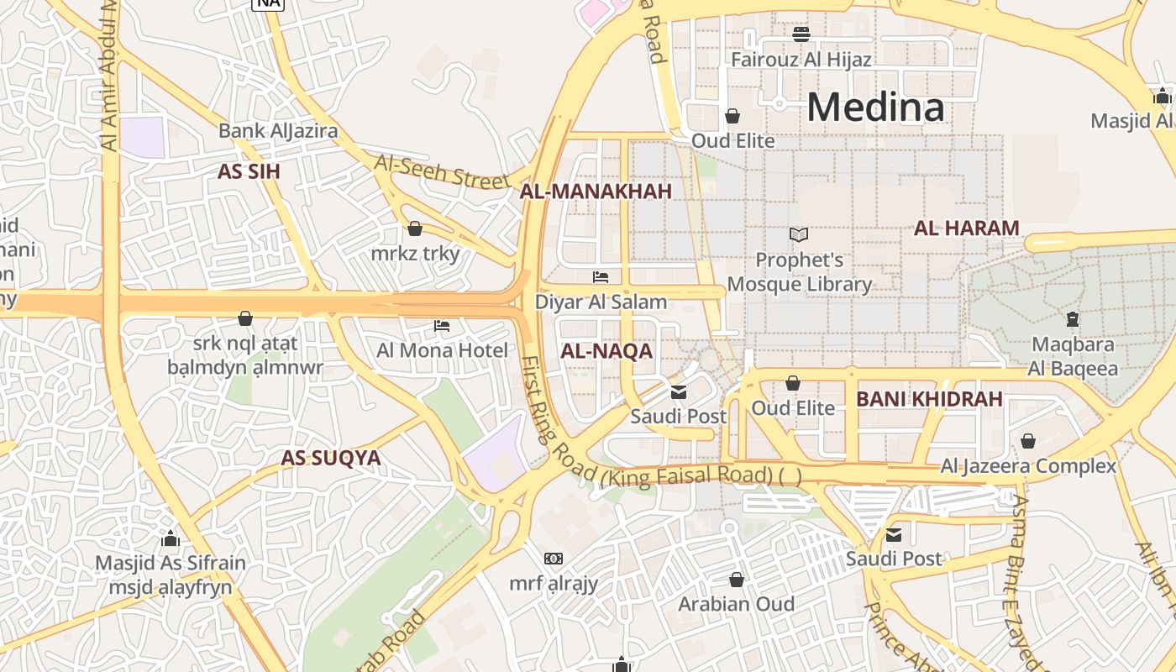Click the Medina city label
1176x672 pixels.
875,108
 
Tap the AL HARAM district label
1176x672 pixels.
966,228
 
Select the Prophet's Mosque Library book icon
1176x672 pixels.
799,235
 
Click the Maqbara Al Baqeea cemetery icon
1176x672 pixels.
1072,319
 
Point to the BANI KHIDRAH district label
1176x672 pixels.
929,399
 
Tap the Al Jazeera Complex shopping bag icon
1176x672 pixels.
1027,441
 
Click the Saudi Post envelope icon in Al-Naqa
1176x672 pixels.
679,391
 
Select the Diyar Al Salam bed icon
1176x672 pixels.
601,276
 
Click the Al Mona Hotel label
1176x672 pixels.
442,350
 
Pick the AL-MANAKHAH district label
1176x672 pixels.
596,192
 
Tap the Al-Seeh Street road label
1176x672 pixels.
442,171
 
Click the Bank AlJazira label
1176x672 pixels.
278,130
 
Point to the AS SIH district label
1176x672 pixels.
249,172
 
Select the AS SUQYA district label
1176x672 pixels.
330,458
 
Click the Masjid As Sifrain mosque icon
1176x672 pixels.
171,538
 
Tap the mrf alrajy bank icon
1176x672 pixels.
554,559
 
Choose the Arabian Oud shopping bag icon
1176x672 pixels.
737,580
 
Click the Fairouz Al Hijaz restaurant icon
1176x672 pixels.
801,34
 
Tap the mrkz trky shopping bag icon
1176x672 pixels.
414,228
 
